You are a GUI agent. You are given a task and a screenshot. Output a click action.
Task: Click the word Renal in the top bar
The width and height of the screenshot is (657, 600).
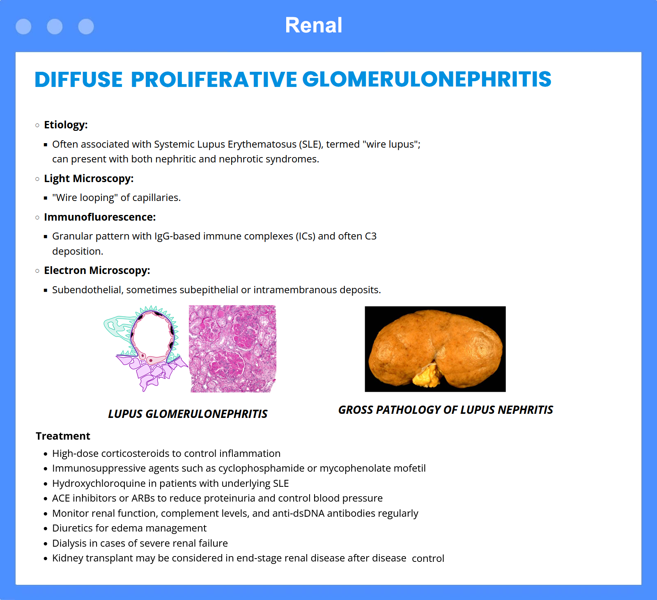314,25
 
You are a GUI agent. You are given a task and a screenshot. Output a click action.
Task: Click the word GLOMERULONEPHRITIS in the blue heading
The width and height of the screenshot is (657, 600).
427,79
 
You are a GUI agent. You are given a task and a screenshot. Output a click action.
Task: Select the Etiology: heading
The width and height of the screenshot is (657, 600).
66,125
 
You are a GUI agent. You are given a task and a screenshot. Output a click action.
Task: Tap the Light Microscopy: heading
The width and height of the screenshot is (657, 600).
89,179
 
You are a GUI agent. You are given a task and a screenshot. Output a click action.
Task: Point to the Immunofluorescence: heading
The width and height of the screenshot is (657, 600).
100,217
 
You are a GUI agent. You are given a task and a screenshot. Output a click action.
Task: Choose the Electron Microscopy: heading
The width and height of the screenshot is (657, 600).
97,271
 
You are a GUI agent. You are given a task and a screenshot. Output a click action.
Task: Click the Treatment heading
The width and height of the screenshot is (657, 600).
63,436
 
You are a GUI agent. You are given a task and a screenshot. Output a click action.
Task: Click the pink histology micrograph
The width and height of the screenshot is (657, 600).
233,349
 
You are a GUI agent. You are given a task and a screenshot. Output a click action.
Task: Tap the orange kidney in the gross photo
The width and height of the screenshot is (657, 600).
435,347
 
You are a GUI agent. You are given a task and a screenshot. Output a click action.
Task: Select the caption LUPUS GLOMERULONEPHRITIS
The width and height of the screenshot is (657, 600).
188,414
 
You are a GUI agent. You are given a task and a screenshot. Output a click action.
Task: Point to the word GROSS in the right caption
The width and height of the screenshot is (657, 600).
356,410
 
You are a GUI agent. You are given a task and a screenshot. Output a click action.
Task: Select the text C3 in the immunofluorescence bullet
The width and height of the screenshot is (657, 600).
371,236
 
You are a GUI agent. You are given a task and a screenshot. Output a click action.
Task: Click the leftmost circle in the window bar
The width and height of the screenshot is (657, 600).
23,27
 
